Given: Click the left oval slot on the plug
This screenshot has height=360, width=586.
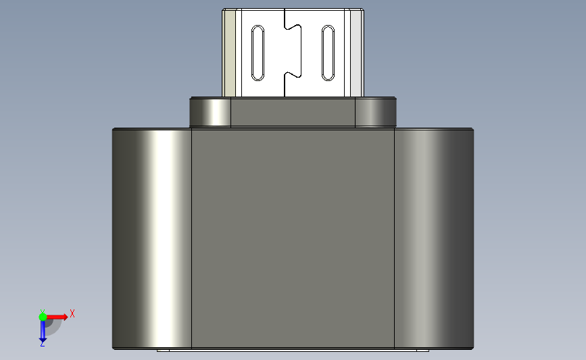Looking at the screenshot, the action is point(258,53).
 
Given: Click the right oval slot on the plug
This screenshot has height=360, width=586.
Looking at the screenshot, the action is point(328,53).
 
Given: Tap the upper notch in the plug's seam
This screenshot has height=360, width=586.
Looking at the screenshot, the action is point(293,27).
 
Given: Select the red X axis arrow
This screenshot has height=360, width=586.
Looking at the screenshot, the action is point(57,317).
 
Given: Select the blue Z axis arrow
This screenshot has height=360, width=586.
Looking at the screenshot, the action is point(43,331).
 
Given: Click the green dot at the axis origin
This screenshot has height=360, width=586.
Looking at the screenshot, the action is point(43,317).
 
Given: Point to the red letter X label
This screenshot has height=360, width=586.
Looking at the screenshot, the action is point(72,313).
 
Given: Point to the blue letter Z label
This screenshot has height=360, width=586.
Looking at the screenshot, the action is point(42,344).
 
